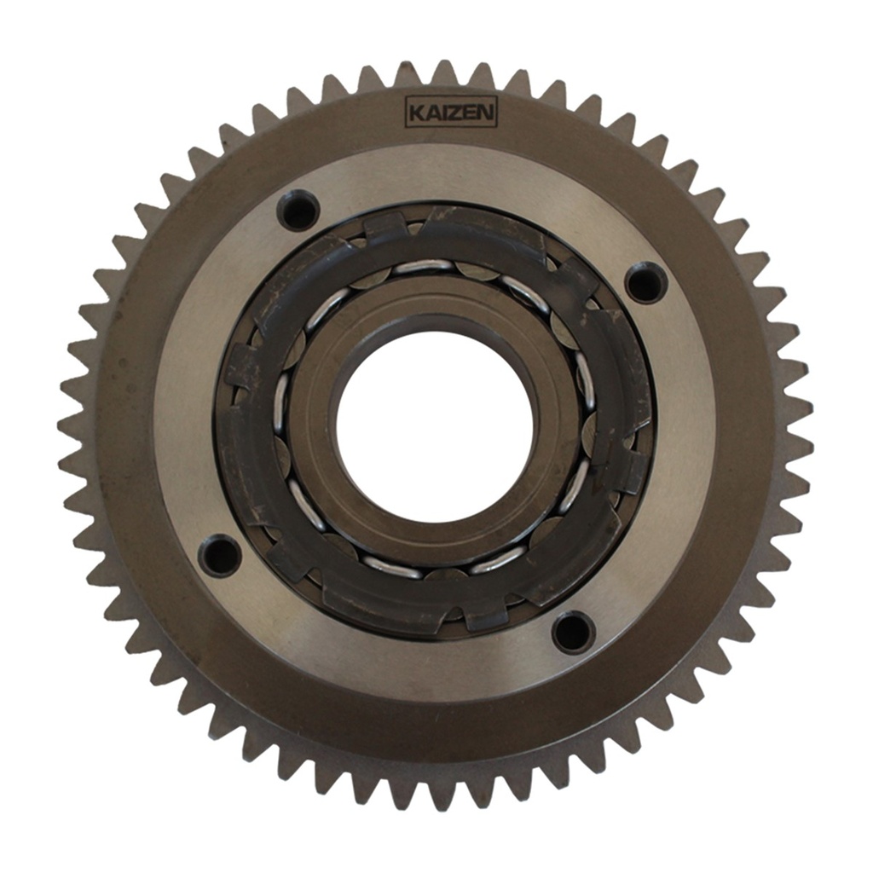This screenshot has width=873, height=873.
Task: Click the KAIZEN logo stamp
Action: click(450, 113)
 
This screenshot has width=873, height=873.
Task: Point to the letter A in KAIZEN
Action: click(429, 113)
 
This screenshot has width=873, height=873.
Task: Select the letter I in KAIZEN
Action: click(440, 113)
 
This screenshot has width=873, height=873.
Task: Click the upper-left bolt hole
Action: click(299, 210)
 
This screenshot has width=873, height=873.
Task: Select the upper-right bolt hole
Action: click(645, 282)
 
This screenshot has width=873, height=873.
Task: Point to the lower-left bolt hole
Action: click(219, 556)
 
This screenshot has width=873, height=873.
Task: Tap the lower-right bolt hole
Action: click(573, 632)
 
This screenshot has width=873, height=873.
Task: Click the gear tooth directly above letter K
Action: click(408, 76)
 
